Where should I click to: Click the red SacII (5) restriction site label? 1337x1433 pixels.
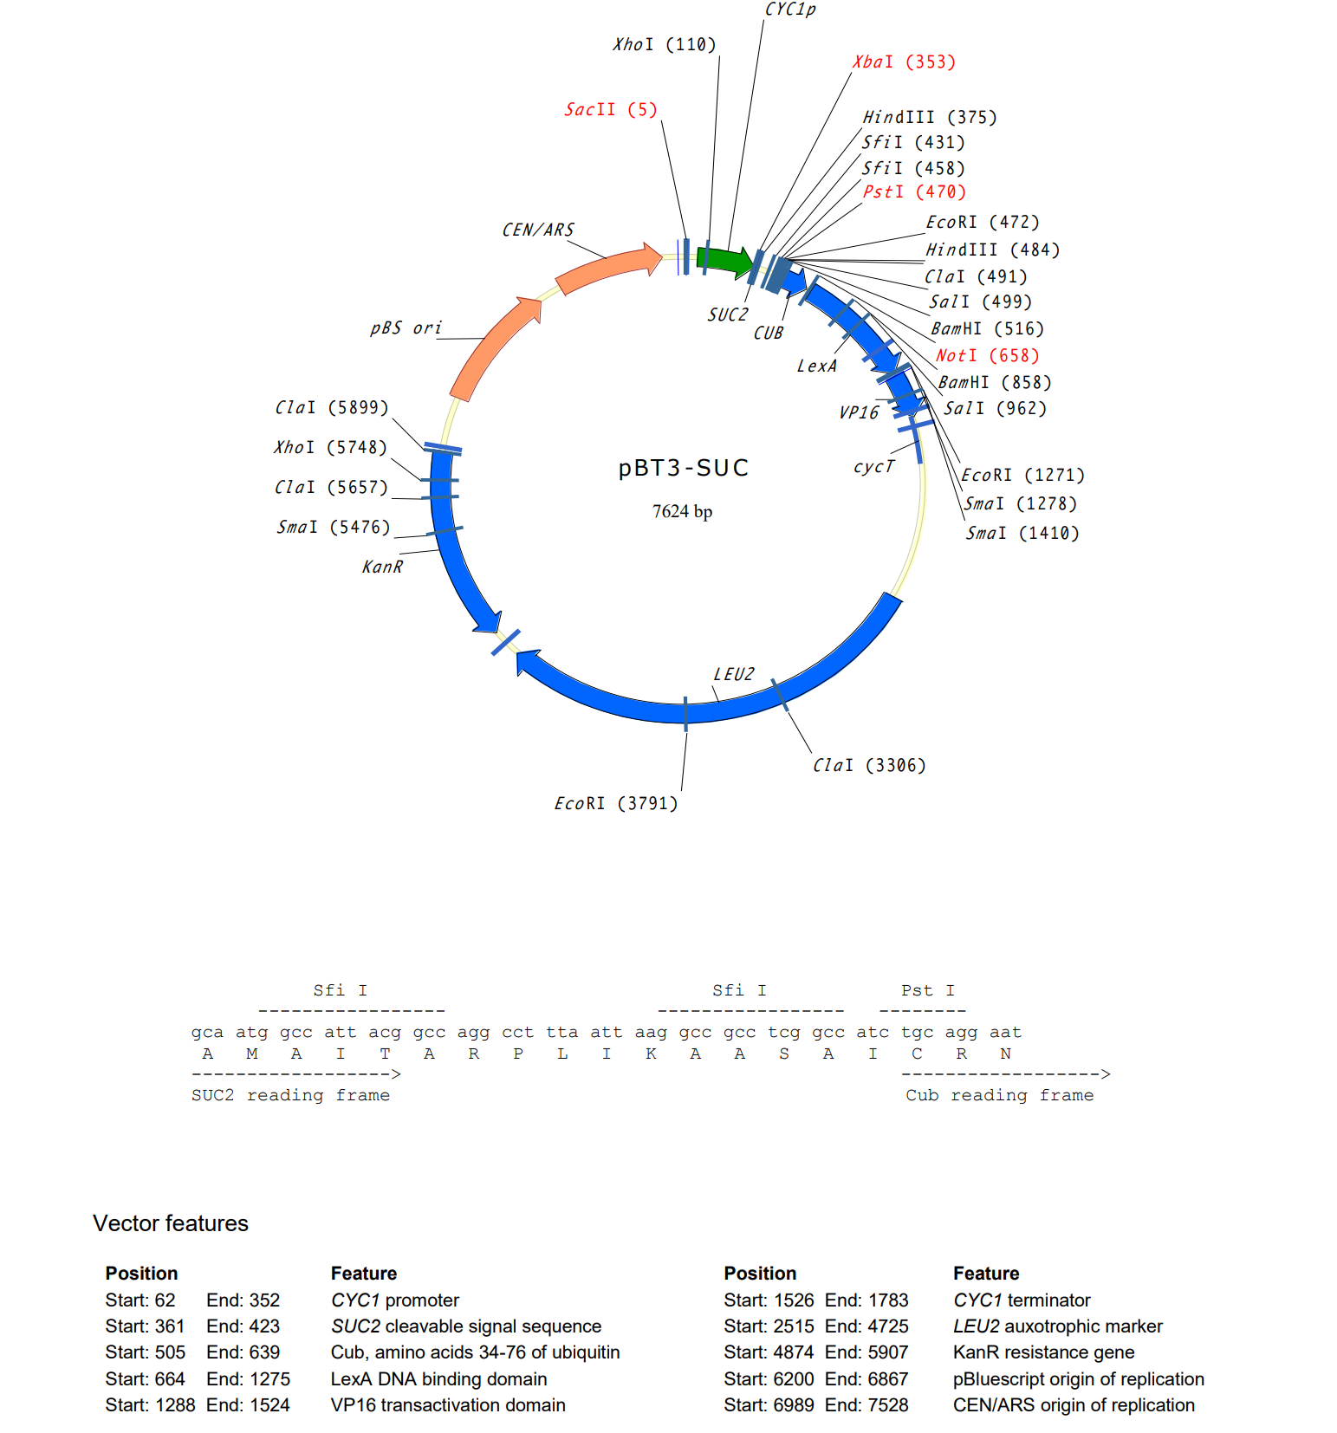pyautogui.click(x=611, y=110)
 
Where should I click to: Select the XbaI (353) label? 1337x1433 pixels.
pyautogui.click(x=904, y=62)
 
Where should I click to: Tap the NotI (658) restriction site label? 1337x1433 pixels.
pyautogui.click(x=987, y=356)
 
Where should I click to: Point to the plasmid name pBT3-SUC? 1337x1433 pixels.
pyautogui.click(x=684, y=469)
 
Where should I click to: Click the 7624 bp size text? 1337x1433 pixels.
pyautogui.click(x=683, y=512)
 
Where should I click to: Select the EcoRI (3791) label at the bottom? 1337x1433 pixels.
pyautogui.click(x=616, y=804)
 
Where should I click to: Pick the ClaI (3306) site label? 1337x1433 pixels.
pyautogui.click(x=869, y=766)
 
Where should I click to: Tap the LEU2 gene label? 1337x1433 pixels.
pyautogui.click(x=734, y=675)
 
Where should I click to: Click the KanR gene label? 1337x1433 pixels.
pyautogui.click(x=382, y=567)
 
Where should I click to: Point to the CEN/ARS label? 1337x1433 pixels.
pyautogui.click(x=538, y=230)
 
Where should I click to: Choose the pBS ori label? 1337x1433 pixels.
pyautogui.click(x=406, y=328)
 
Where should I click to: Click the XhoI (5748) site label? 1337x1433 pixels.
pyautogui.click(x=330, y=448)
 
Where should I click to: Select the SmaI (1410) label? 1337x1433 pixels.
pyautogui.click(x=1022, y=534)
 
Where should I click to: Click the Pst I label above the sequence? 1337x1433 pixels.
pyautogui.click(x=927, y=990)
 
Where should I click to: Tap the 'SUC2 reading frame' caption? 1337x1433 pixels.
pyautogui.click(x=290, y=1095)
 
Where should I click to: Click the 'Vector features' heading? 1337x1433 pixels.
pyautogui.click(x=171, y=1223)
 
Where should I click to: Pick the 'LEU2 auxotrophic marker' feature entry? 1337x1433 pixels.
pyautogui.click(x=1057, y=1326)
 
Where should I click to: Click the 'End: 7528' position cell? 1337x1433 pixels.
pyautogui.click(x=866, y=1405)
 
